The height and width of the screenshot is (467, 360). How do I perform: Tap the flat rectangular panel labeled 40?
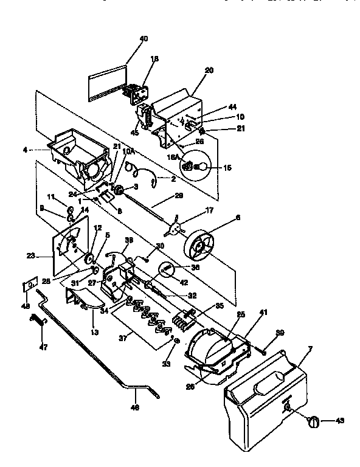107,83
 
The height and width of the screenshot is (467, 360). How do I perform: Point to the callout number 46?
135,409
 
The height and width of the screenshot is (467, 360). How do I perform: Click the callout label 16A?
172,157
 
